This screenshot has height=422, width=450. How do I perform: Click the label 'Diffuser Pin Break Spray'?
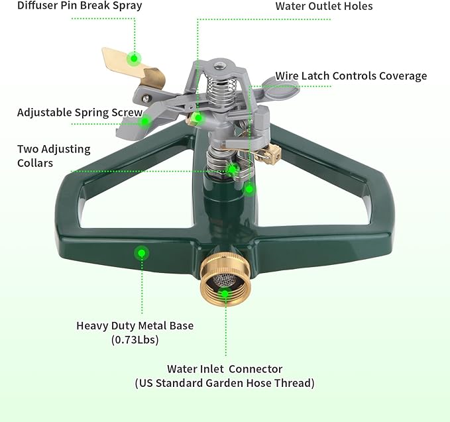(x=71, y=6)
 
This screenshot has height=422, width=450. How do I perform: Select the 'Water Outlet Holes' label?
(x=324, y=7)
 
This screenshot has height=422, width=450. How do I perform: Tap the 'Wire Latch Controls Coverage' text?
(x=351, y=76)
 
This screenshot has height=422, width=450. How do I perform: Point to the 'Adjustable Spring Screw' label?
(x=80, y=113)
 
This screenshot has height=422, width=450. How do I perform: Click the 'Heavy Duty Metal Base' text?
(x=135, y=325)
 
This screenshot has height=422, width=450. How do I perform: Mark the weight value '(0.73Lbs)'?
(x=135, y=340)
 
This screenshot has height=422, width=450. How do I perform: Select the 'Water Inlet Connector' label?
(x=225, y=369)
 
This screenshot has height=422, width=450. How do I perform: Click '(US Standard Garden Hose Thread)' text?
(x=225, y=383)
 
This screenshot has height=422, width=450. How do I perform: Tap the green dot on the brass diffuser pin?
(x=134, y=58)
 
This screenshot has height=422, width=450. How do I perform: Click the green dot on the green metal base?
(x=141, y=252)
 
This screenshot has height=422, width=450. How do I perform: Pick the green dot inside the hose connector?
(x=225, y=293)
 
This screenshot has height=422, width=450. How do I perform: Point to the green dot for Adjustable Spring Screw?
(x=146, y=121)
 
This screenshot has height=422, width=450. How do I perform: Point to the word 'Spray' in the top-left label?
(x=126, y=6)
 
